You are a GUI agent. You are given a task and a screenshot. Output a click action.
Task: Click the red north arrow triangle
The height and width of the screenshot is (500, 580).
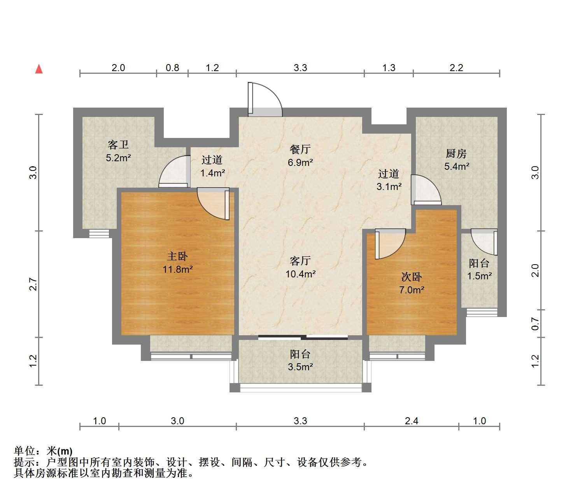[x=39, y=69]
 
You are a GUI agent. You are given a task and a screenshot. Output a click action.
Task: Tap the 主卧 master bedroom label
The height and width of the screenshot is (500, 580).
[x=177, y=256]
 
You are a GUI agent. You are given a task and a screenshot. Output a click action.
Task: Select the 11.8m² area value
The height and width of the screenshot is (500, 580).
[x=178, y=269]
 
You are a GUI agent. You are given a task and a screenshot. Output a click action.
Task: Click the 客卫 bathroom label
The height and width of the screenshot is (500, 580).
[x=118, y=145]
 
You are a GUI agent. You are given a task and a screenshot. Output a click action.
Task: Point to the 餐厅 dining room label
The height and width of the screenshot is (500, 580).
[x=300, y=150]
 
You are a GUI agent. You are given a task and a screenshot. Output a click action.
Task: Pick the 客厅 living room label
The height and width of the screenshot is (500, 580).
[x=300, y=261]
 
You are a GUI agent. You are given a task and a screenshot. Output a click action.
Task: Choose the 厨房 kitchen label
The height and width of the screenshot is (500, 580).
[x=456, y=153]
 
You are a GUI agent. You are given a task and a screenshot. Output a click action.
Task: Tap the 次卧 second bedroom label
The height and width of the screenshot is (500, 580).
[x=412, y=277]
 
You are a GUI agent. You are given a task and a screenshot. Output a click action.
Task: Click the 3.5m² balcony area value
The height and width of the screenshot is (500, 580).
[x=300, y=367]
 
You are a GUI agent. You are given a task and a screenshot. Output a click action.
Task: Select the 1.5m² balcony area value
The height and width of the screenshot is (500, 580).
[x=479, y=276]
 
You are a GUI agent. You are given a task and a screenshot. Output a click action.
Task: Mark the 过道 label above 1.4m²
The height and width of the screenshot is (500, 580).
[x=212, y=160]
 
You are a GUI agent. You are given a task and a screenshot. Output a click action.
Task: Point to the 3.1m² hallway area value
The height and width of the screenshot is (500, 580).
[x=389, y=186]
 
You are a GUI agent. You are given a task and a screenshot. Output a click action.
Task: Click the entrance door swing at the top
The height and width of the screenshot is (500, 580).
[x=265, y=99]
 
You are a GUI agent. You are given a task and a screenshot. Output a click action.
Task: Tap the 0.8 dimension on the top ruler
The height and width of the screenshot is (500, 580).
[x=172, y=68]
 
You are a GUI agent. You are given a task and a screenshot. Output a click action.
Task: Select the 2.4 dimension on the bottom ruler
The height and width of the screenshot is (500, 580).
[x=412, y=421]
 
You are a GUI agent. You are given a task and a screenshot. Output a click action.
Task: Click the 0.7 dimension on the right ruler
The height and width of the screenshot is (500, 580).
[x=535, y=324]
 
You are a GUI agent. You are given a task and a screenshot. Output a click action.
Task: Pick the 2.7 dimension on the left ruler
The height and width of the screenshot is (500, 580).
[x=33, y=284]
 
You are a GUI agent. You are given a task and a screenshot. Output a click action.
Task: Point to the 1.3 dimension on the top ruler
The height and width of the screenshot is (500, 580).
[x=389, y=68]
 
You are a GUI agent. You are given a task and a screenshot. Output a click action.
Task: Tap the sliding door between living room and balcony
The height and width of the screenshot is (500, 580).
[x=303, y=337]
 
